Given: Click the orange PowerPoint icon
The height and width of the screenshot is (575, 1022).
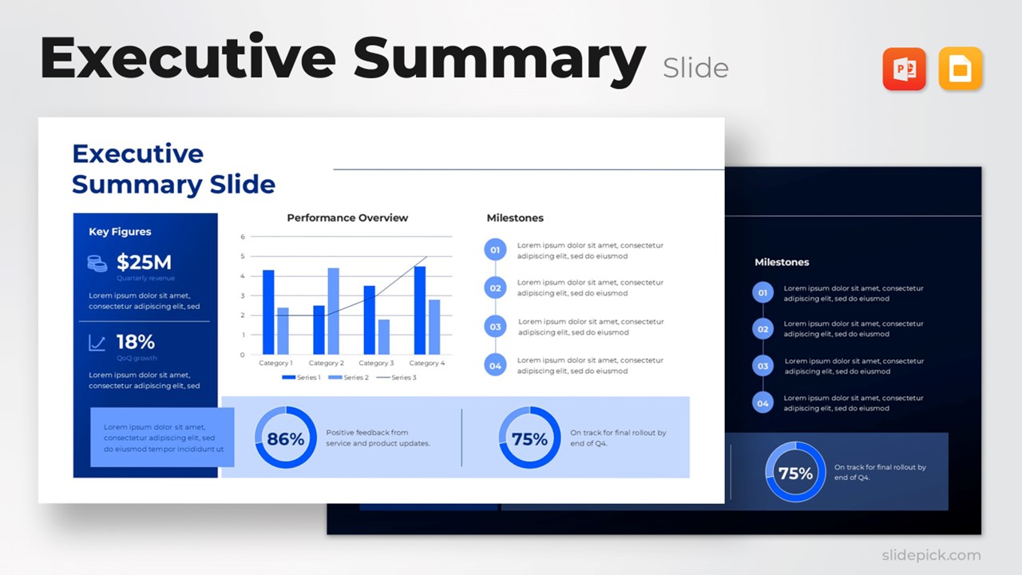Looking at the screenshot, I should [904, 69].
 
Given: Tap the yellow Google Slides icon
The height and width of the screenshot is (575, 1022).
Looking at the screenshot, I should [960, 69].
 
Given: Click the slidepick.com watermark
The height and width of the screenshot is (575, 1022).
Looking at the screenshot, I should [931, 555].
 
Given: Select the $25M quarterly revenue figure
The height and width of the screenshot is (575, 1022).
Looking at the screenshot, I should [144, 262].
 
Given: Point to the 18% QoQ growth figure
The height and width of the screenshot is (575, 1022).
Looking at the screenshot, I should [136, 342].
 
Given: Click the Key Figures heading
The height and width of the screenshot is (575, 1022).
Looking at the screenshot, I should [120, 232].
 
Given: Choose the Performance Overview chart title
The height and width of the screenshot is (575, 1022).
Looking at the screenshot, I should [347, 218].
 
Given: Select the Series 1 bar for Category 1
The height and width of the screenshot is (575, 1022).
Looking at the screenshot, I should [268, 312].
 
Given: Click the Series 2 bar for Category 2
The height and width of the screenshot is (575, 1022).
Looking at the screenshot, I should [333, 311].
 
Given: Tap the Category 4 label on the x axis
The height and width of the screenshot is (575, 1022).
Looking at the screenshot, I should [427, 363].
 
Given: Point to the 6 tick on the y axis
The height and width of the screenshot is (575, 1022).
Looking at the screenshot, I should [243, 237].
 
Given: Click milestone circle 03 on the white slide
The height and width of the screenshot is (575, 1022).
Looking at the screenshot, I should [495, 327].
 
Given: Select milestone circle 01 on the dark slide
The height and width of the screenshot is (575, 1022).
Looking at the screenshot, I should [763, 293].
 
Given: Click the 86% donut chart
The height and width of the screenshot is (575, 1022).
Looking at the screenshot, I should [285, 438].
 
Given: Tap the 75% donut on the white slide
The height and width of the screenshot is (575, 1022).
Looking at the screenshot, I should [529, 438].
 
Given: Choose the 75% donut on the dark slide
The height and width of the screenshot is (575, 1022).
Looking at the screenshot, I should [795, 472].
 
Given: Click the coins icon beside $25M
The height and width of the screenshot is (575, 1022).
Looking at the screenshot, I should [97, 263].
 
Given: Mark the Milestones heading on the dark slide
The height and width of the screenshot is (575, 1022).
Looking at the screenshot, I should [782, 262].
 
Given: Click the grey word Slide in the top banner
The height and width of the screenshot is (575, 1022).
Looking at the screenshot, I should [695, 69].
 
